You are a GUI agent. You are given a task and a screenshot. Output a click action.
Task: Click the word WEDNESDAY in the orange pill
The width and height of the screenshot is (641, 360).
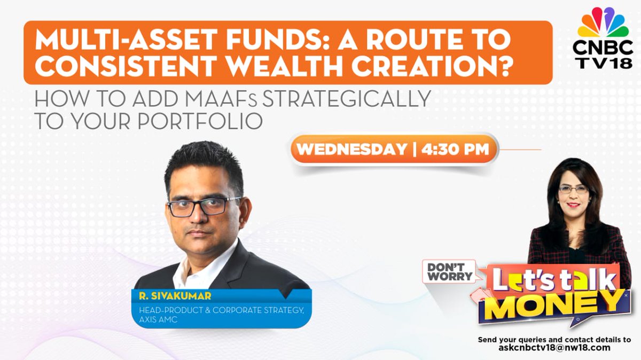[x=351, y=149]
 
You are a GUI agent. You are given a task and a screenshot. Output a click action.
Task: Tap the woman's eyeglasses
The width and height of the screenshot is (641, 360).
[x=574, y=189]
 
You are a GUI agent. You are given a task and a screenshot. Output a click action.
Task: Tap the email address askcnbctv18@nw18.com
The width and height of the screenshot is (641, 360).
[x=554, y=348]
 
